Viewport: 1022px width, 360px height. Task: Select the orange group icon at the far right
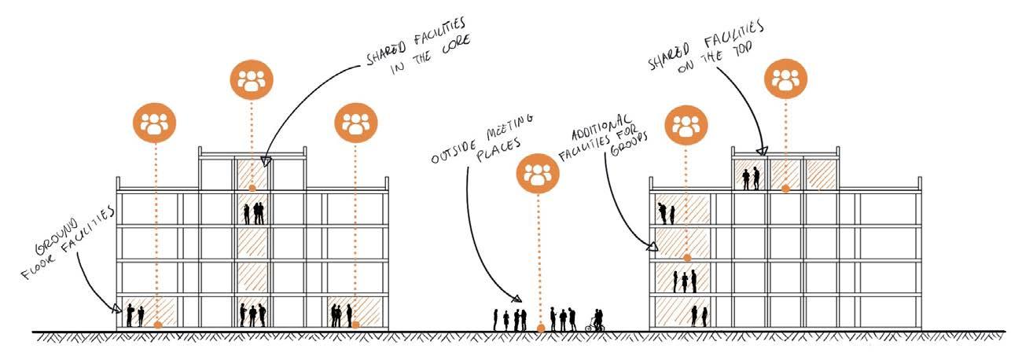[785, 80]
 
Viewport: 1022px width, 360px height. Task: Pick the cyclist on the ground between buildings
[596, 321]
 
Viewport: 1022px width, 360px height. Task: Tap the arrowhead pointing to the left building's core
[266, 162]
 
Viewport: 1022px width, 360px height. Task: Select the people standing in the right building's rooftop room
[751, 178]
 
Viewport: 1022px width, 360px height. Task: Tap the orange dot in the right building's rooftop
[785, 189]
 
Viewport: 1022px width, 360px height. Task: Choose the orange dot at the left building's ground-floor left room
[158, 324]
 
